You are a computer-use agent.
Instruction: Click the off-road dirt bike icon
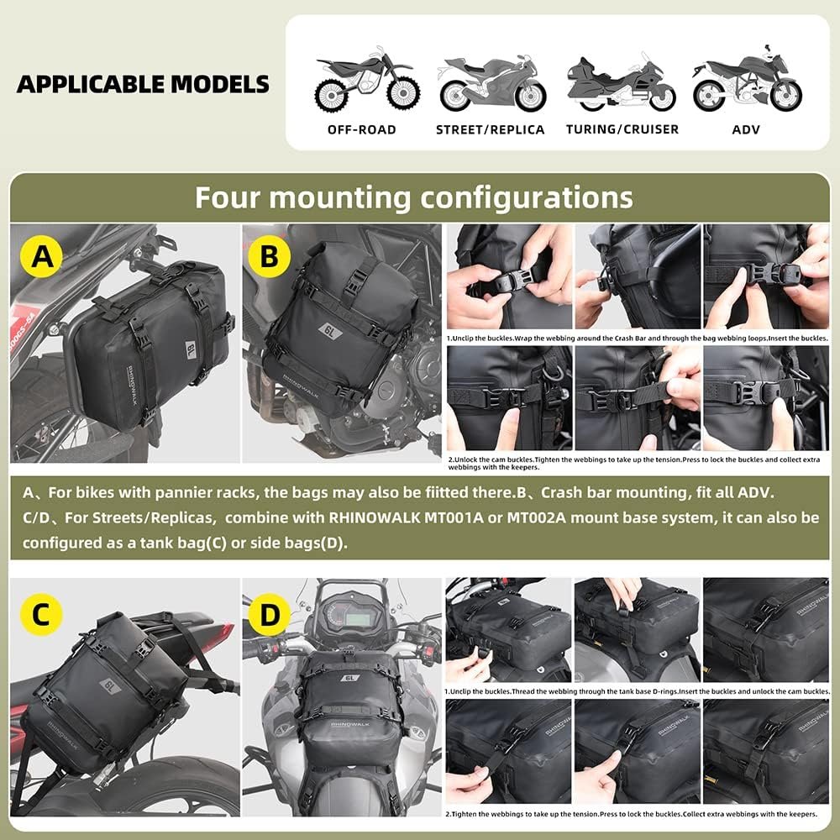tap(361, 82)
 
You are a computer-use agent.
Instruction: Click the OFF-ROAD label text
tap(361, 129)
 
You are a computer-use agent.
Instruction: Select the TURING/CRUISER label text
tap(622, 129)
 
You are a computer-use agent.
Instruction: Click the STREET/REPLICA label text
tap(491, 129)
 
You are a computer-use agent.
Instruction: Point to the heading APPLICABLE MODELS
tap(143, 84)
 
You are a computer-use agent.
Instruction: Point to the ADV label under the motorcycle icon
tap(745, 129)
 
